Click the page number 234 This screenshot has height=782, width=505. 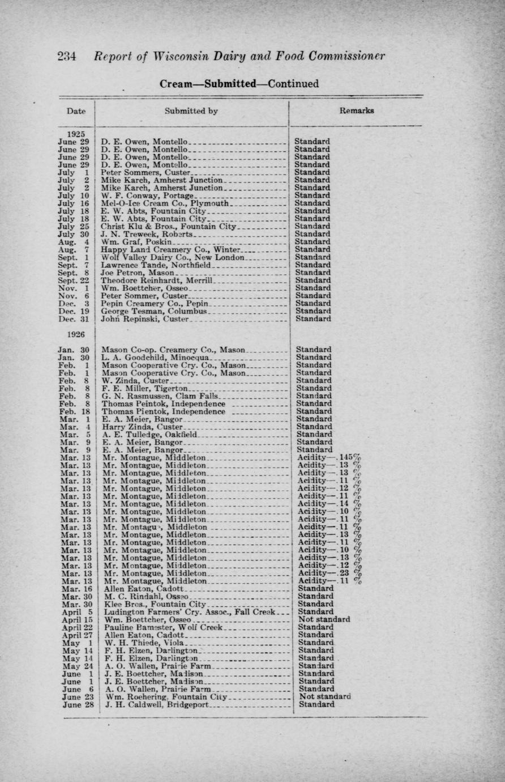coord(70,57)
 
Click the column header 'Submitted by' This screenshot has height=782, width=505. coord(191,111)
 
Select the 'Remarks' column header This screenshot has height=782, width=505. coord(356,111)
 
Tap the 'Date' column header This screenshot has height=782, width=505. coord(76,111)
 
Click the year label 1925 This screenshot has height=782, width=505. coord(76,134)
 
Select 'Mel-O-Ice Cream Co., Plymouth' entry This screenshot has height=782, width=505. coord(165,203)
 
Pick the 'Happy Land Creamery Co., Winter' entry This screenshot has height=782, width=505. coord(171,249)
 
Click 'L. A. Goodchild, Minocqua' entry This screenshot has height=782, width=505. coord(156,358)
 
